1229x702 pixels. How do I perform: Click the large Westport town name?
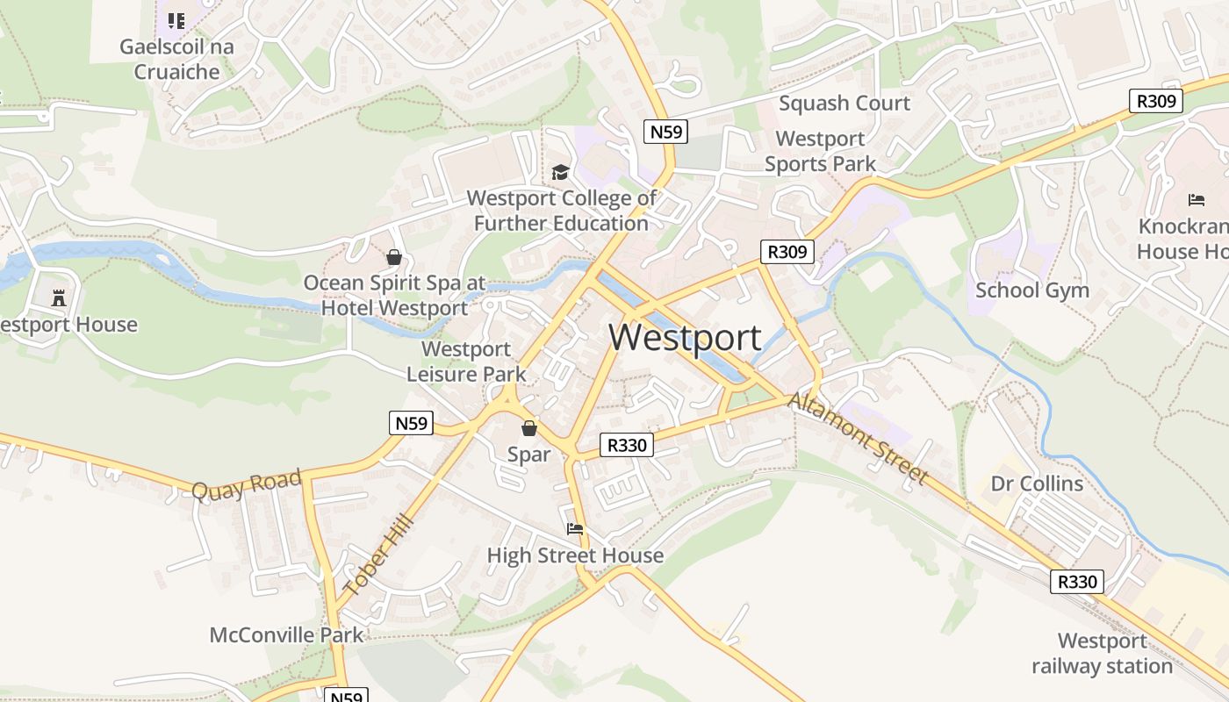pyautogui.click(x=685, y=338)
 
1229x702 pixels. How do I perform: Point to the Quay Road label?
pyautogui.click(x=247, y=484)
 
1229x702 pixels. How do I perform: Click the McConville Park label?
pyautogui.click(x=286, y=634)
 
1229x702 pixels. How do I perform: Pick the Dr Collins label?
pyautogui.click(x=1037, y=484)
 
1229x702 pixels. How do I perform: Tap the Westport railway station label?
pyautogui.click(x=1102, y=654)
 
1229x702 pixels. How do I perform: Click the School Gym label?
pyautogui.click(x=1032, y=290)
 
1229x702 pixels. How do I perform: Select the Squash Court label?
pyautogui.click(x=844, y=104)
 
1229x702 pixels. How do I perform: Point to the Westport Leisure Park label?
pyautogui.click(x=466, y=362)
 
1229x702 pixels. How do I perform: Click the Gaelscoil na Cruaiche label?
pyautogui.click(x=177, y=59)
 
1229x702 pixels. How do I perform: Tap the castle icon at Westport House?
pyautogui.click(x=59, y=298)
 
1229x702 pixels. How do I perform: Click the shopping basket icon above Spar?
pyautogui.click(x=528, y=428)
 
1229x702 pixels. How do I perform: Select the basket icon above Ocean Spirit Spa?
pyautogui.click(x=394, y=257)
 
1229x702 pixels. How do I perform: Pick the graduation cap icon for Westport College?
pyautogui.click(x=560, y=172)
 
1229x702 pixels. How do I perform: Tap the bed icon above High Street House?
pyautogui.click(x=575, y=528)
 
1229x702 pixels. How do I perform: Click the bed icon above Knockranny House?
pyautogui.click(x=1196, y=200)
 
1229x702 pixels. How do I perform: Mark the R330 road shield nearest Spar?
pyautogui.click(x=627, y=445)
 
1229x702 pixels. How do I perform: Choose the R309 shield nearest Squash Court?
pyautogui.click(x=1155, y=101)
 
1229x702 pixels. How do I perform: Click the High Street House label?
pyautogui.click(x=575, y=555)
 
